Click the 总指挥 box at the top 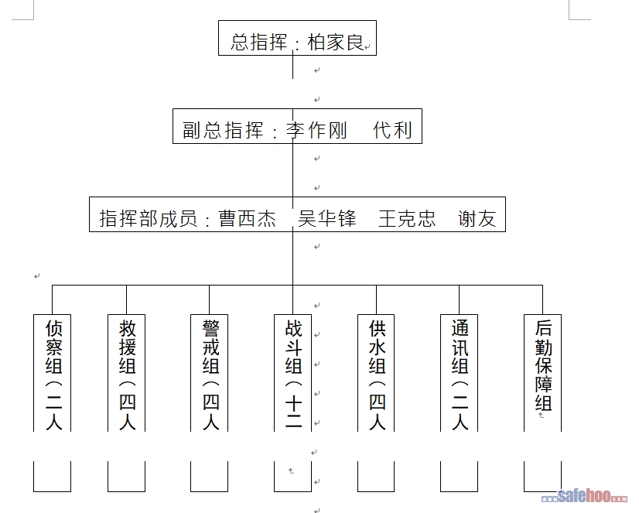pyautogui.click(x=296, y=42)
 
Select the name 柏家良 pyautogui.click(x=336, y=42)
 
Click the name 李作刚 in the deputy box pyautogui.click(x=317, y=130)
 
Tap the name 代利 pyautogui.click(x=392, y=130)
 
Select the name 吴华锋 pyautogui.click(x=327, y=219)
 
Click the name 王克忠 pyautogui.click(x=407, y=219)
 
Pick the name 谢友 pyautogui.click(x=477, y=219)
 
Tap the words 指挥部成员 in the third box pyautogui.click(x=148, y=219)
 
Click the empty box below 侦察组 pyautogui.click(x=53, y=477)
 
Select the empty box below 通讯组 pyautogui.click(x=460, y=477)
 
